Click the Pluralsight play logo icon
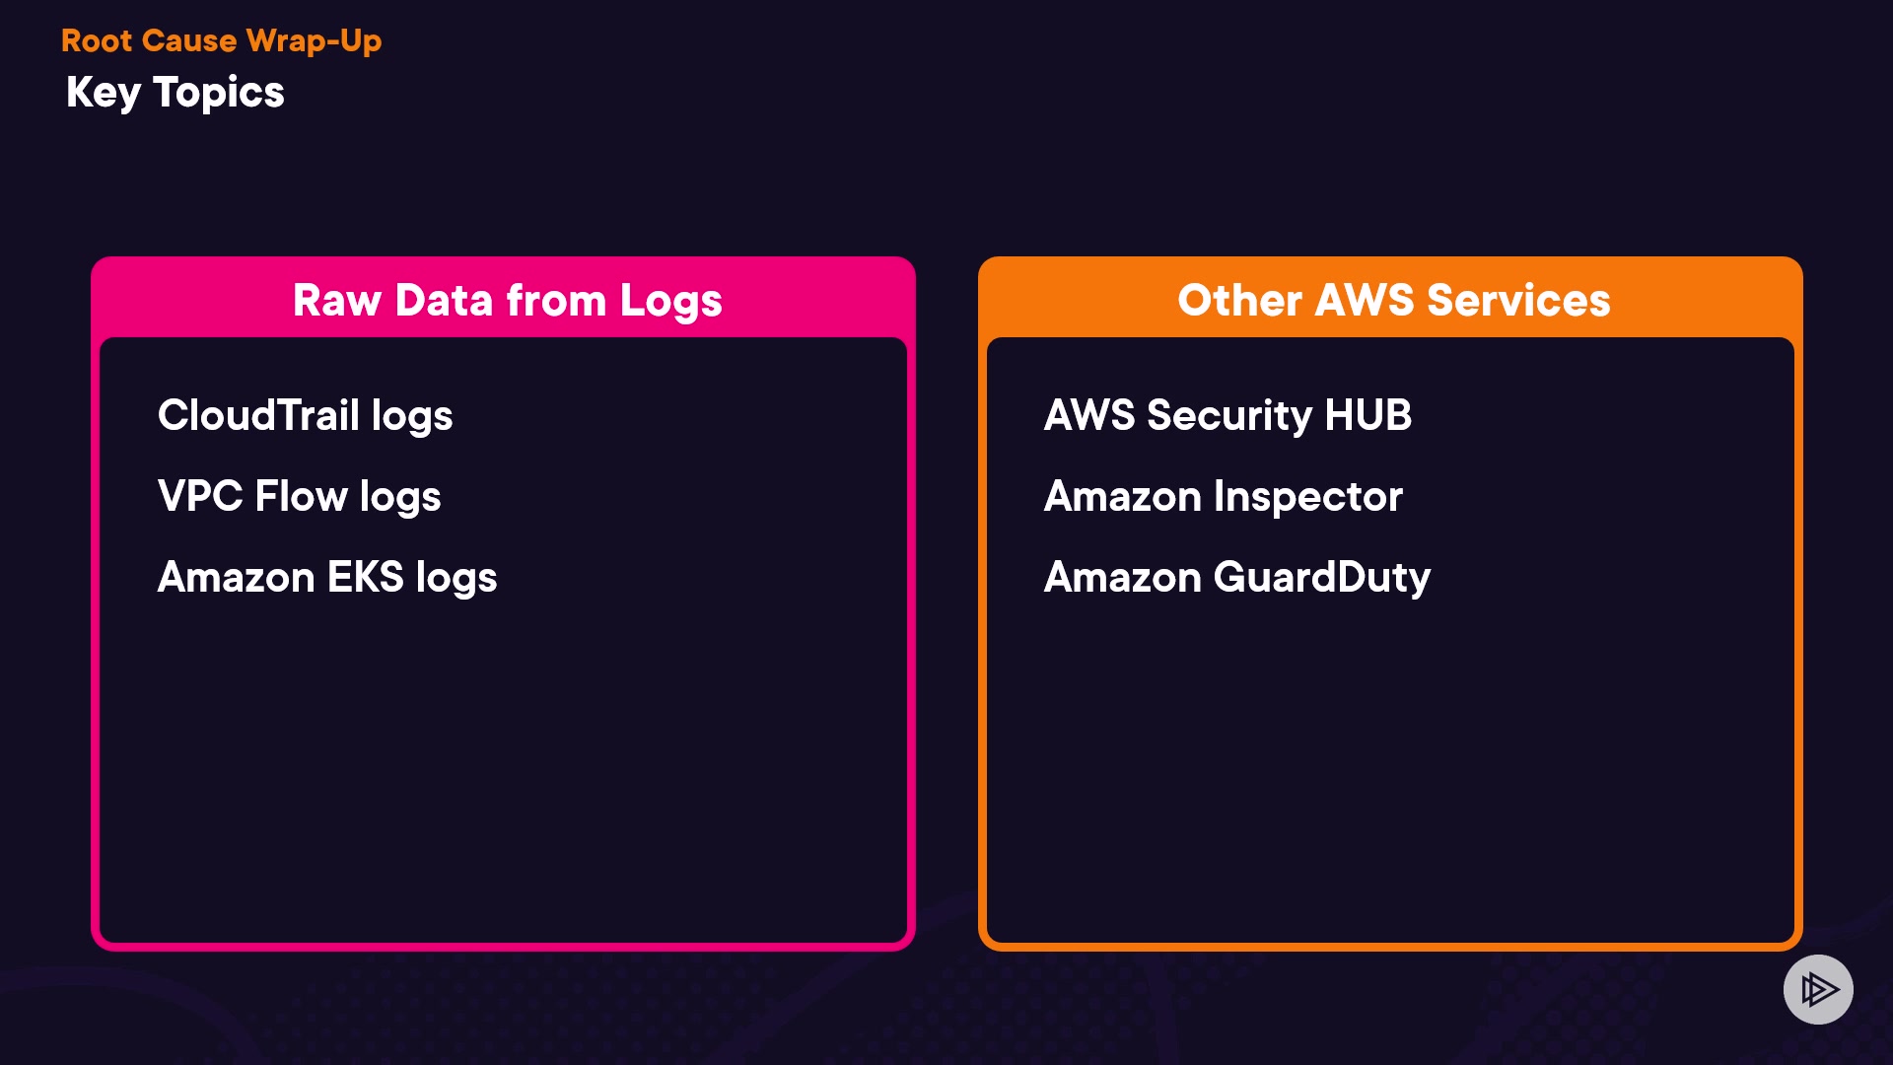(x=1818, y=989)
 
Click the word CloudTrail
(x=258, y=415)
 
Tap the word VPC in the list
(x=200, y=496)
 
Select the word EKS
(x=365, y=577)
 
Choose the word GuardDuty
(x=1321, y=578)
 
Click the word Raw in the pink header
(x=337, y=301)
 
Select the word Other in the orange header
(x=1239, y=301)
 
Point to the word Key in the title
(x=104, y=94)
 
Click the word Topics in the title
(x=219, y=94)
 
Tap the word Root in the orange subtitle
(x=97, y=40)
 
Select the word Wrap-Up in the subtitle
(x=314, y=41)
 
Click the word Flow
(x=301, y=496)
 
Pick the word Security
(x=1229, y=416)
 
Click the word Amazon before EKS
(x=236, y=577)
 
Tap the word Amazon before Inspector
(x=1122, y=497)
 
